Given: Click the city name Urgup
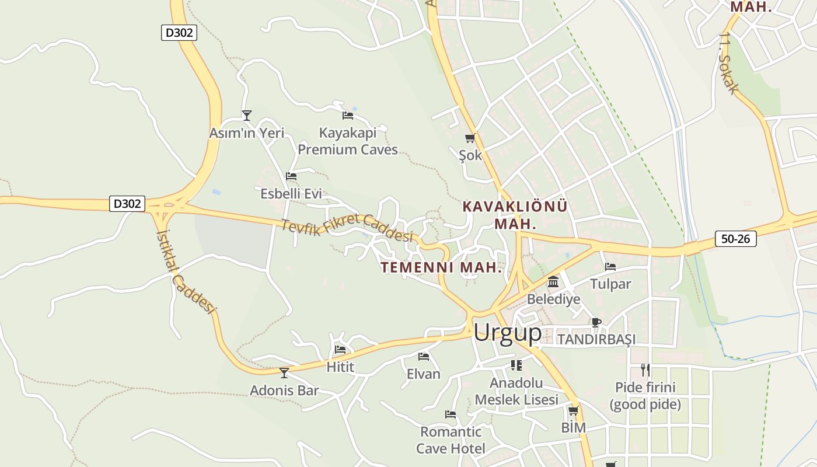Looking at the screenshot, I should tap(507, 332).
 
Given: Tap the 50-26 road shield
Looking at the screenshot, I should tap(735, 238).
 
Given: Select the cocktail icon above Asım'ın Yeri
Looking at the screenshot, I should tap(247, 116).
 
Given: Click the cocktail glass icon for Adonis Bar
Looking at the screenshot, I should tap(284, 372).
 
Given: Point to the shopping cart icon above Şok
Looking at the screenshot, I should tap(470, 138).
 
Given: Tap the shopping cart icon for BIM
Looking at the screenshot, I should tap(573, 410).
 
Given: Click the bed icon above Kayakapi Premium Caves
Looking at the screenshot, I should tap(348, 115).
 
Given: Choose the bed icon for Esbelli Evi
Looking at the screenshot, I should tap(291, 176).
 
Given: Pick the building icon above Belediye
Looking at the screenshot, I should tap(553, 283).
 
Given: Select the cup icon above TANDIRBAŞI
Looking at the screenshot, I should tap(596, 322).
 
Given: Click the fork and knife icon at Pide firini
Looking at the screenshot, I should tap(645, 370).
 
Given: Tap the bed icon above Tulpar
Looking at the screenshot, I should tap(610, 267).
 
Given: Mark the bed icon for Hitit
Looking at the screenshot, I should tap(340, 350).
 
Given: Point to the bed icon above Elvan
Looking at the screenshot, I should tap(424, 356).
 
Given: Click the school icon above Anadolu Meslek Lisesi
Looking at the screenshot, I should tap(516, 365).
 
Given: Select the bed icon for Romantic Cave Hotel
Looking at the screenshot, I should tap(451, 414).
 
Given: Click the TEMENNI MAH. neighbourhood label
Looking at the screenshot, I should tap(441, 267).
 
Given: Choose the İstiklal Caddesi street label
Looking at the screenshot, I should tap(186, 271).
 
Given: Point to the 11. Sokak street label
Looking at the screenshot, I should tap(728, 63).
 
